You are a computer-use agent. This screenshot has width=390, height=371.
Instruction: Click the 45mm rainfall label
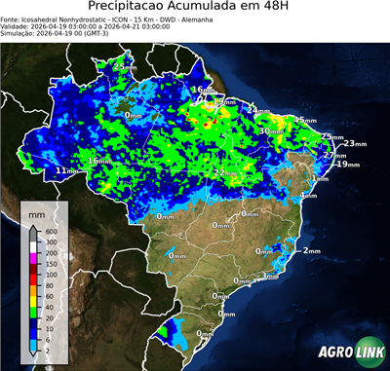tap(304, 120)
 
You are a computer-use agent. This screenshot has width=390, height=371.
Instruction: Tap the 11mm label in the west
tap(65, 170)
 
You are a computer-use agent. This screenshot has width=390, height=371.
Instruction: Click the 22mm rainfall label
tap(222, 172)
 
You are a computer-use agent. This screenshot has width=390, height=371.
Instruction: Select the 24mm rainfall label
tap(255, 110)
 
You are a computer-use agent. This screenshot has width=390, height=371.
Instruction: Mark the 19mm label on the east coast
tap(346, 165)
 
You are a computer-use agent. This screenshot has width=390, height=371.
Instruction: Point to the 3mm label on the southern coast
tap(270, 277)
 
